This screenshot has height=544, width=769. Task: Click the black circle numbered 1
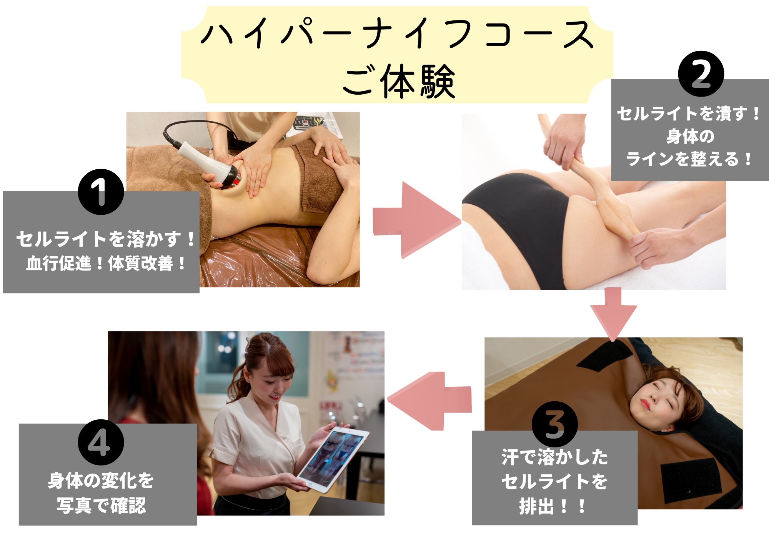pyautogui.click(x=101, y=192)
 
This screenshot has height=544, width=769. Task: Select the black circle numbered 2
pyautogui.click(x=701, y=74)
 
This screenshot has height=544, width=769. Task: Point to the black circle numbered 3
pyautogui.click(x=554, y=424)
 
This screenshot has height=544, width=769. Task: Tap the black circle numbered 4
pyautogui.click(x=101, y=442)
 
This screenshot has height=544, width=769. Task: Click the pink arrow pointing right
pyautogui.click(x=417, y=220)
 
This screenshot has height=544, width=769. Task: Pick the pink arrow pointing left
pyautogui.click(x=429, y=401)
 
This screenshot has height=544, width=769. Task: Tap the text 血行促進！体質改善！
pyautogui.click(x=106, y=264)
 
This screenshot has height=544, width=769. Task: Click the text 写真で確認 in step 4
pyautogui.click(x=102, y=506)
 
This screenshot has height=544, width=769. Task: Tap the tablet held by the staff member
pyautogui.click(x=333, y=459)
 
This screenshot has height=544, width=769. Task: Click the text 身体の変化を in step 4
pyautogui.click(x=101, y=481)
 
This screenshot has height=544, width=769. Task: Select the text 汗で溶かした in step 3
pyautogui.click(x=554, y=457)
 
